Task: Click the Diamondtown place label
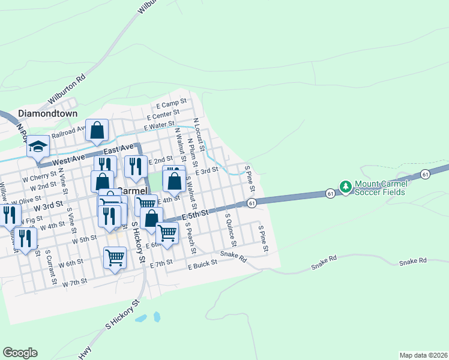click(48, 113)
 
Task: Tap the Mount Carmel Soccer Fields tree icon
click(346, 187)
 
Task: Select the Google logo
click(20, 352)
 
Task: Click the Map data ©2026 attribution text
click(423, 355)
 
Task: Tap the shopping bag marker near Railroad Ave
click(97, 130)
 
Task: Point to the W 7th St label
click(76, 281)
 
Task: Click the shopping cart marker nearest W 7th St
click(115, 259)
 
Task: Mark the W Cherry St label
click(39, 178)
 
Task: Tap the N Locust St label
click(199, 133)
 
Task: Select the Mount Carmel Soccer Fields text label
click(380, 187)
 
